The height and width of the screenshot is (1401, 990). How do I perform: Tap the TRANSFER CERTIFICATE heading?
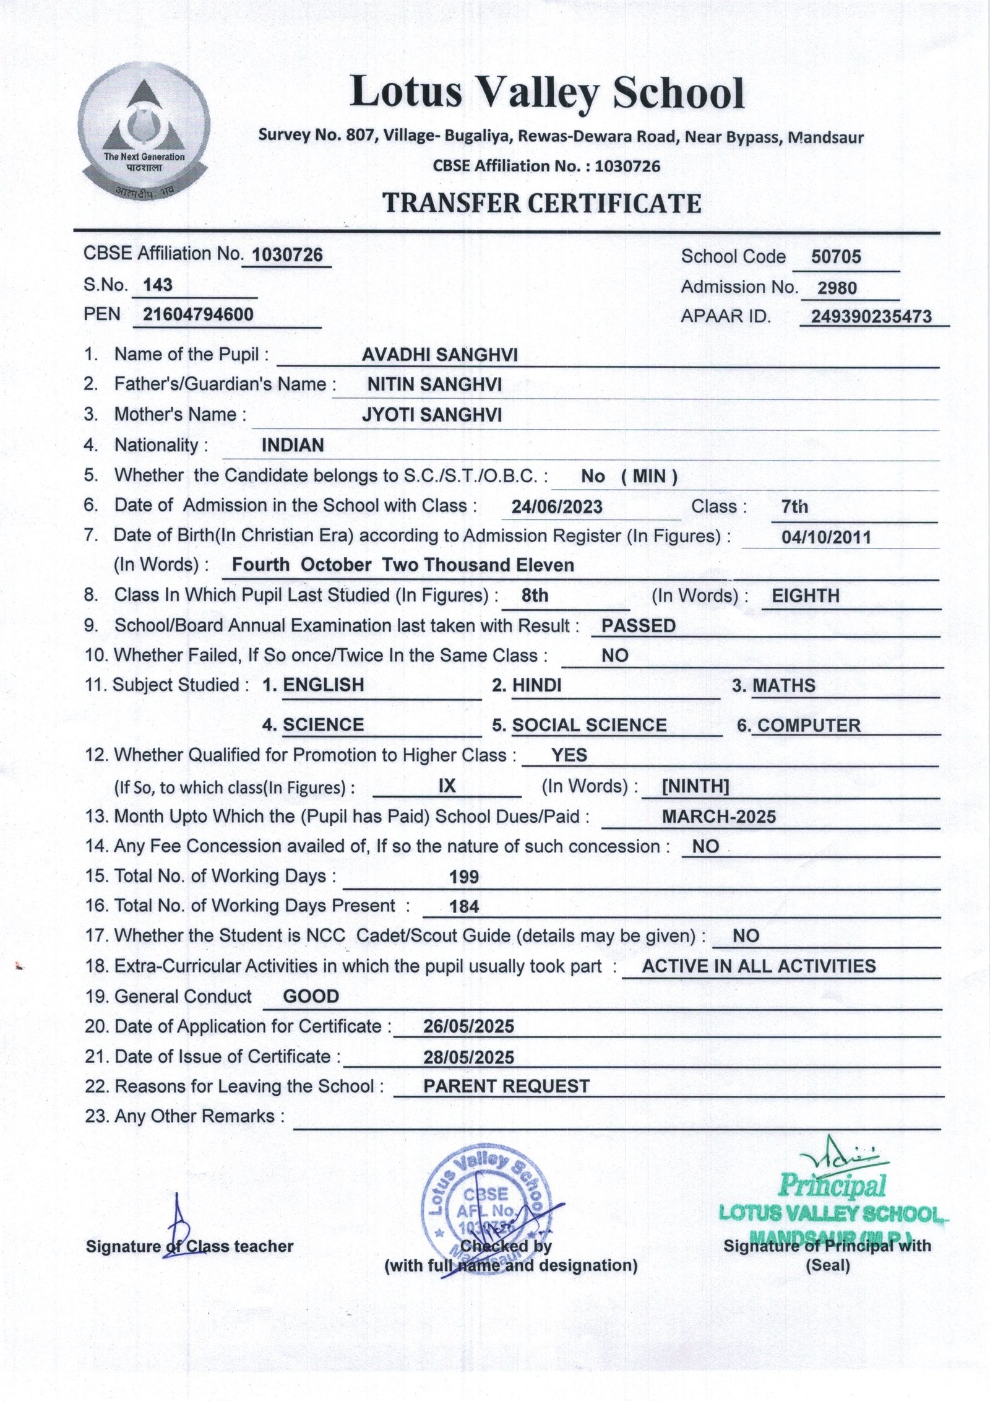(541, 203)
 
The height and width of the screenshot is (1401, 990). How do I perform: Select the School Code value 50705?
(835, 257)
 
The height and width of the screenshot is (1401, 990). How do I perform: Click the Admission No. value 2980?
(837, 288)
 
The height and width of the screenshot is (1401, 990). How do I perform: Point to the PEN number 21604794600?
(198, 314)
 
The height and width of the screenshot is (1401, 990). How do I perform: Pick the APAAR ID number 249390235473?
(871, 317)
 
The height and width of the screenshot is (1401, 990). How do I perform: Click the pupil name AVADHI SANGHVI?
(439, 355)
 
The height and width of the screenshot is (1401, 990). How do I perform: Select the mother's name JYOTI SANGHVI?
(431, 415)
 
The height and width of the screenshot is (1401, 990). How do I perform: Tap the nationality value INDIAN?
(293, 445)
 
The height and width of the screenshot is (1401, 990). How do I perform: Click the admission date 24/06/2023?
(557, 507)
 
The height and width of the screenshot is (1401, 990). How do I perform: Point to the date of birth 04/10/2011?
(826, 537)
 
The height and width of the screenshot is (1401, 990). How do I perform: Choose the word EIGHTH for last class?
(806, 596)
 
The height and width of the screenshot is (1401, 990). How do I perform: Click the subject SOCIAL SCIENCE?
(589, 725)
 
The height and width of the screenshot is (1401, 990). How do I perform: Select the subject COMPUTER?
(809, 726)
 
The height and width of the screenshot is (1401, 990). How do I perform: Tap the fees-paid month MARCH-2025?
(718, 817)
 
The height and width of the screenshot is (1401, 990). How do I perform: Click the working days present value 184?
(464, 907)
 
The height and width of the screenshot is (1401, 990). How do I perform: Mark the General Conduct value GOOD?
(311, 997)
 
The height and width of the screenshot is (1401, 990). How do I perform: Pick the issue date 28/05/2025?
(468, 1057)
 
